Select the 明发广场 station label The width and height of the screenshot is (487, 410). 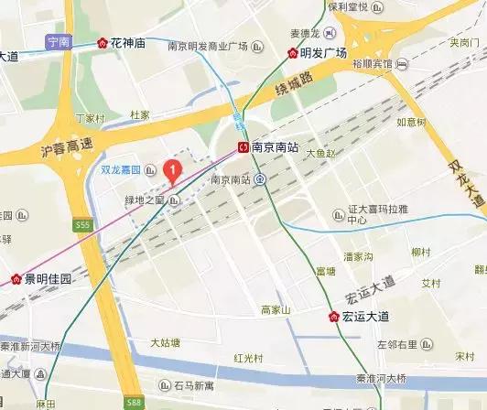click(x=323, y=52)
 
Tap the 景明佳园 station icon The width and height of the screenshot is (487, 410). click(x=16, y=278)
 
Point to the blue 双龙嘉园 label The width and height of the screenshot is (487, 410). click(x=119, y=170)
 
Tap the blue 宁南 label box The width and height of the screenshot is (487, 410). click(x=58, y=41)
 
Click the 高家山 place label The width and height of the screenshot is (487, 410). click(x=275, y=310)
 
